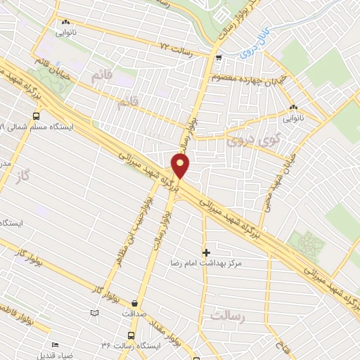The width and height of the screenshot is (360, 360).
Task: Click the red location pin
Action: [x=181, y=167]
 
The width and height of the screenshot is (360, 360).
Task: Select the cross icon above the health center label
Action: [x=206, y=252]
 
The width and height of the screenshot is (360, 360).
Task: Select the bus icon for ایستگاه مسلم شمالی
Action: [x=35, y=117]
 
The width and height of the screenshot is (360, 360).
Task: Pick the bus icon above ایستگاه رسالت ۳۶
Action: [x=130, y=336]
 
